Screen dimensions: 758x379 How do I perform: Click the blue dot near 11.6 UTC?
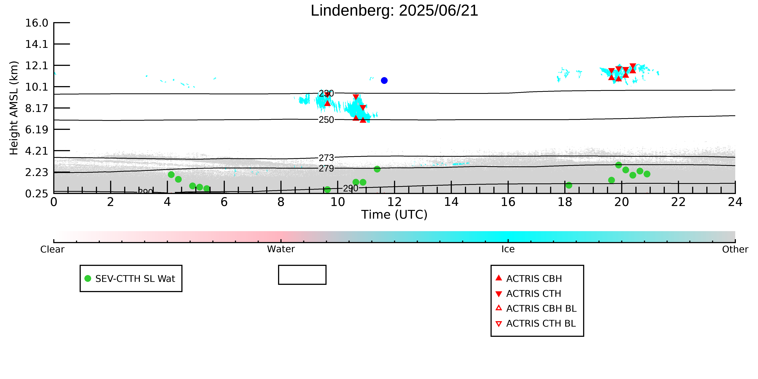point(384,80)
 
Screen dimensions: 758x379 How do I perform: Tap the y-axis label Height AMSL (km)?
point(14,108)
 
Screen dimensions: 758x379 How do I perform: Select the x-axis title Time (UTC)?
point(394,215)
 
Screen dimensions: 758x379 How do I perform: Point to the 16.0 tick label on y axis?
point(37,23)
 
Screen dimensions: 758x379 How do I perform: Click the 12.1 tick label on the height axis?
point(37,65)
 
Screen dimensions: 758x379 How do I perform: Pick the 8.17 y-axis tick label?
point(37,108)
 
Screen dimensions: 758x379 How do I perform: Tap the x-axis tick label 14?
point(451,202)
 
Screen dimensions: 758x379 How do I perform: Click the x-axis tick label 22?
point(678,202)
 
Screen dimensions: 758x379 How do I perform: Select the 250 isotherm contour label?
point(326,120)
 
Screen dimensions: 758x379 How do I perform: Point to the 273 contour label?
point(326,158)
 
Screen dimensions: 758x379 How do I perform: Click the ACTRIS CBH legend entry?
point(529,278)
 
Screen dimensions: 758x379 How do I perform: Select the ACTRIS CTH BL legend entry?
point(536,323)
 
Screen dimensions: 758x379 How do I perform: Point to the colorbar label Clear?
point(52,249)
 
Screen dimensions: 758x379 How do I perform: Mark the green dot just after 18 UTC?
point(569,185)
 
